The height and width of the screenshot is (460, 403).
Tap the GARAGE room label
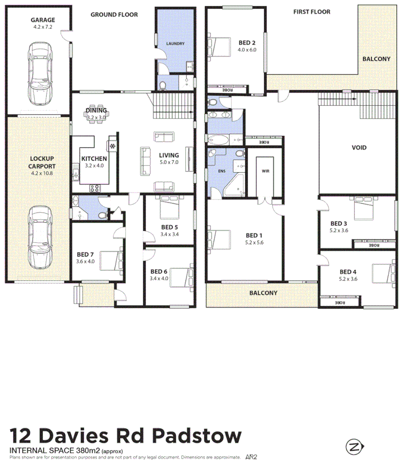tap(42, 20)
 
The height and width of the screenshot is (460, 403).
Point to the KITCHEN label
tap(94, 158)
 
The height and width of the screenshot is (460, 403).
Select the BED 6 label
tap(159, 271)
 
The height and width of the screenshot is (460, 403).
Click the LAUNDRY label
tap(175, 44)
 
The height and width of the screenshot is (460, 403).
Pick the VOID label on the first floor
tap(359, 147)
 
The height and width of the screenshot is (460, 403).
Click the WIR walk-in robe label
tap(265, 171)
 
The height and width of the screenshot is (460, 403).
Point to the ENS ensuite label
tap(222, 171)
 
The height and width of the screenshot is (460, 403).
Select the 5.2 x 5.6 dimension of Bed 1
tap(254, 242)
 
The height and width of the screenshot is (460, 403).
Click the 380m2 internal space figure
tap(88, 450)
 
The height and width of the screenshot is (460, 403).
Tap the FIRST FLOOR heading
tap(312, 12)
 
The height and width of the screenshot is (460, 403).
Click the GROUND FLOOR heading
tap(114, 14)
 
